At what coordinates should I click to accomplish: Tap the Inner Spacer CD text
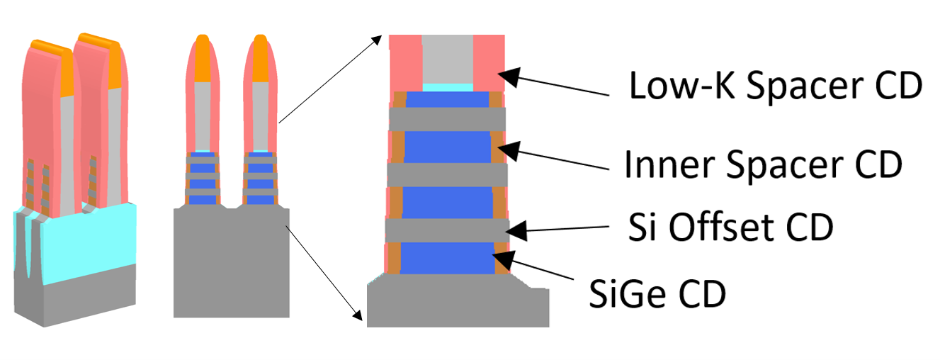762,164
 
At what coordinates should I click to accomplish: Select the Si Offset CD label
730,228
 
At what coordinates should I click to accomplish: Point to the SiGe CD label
658,293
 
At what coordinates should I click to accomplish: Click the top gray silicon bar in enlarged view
446,118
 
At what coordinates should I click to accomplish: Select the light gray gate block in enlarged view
446,61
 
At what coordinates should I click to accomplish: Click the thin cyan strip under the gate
446,86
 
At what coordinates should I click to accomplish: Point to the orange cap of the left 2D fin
203,60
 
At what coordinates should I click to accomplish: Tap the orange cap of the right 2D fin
259,60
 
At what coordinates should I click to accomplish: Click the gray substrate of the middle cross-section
231,269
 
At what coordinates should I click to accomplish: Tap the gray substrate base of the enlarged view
457,305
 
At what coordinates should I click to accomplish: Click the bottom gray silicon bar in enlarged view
446,229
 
